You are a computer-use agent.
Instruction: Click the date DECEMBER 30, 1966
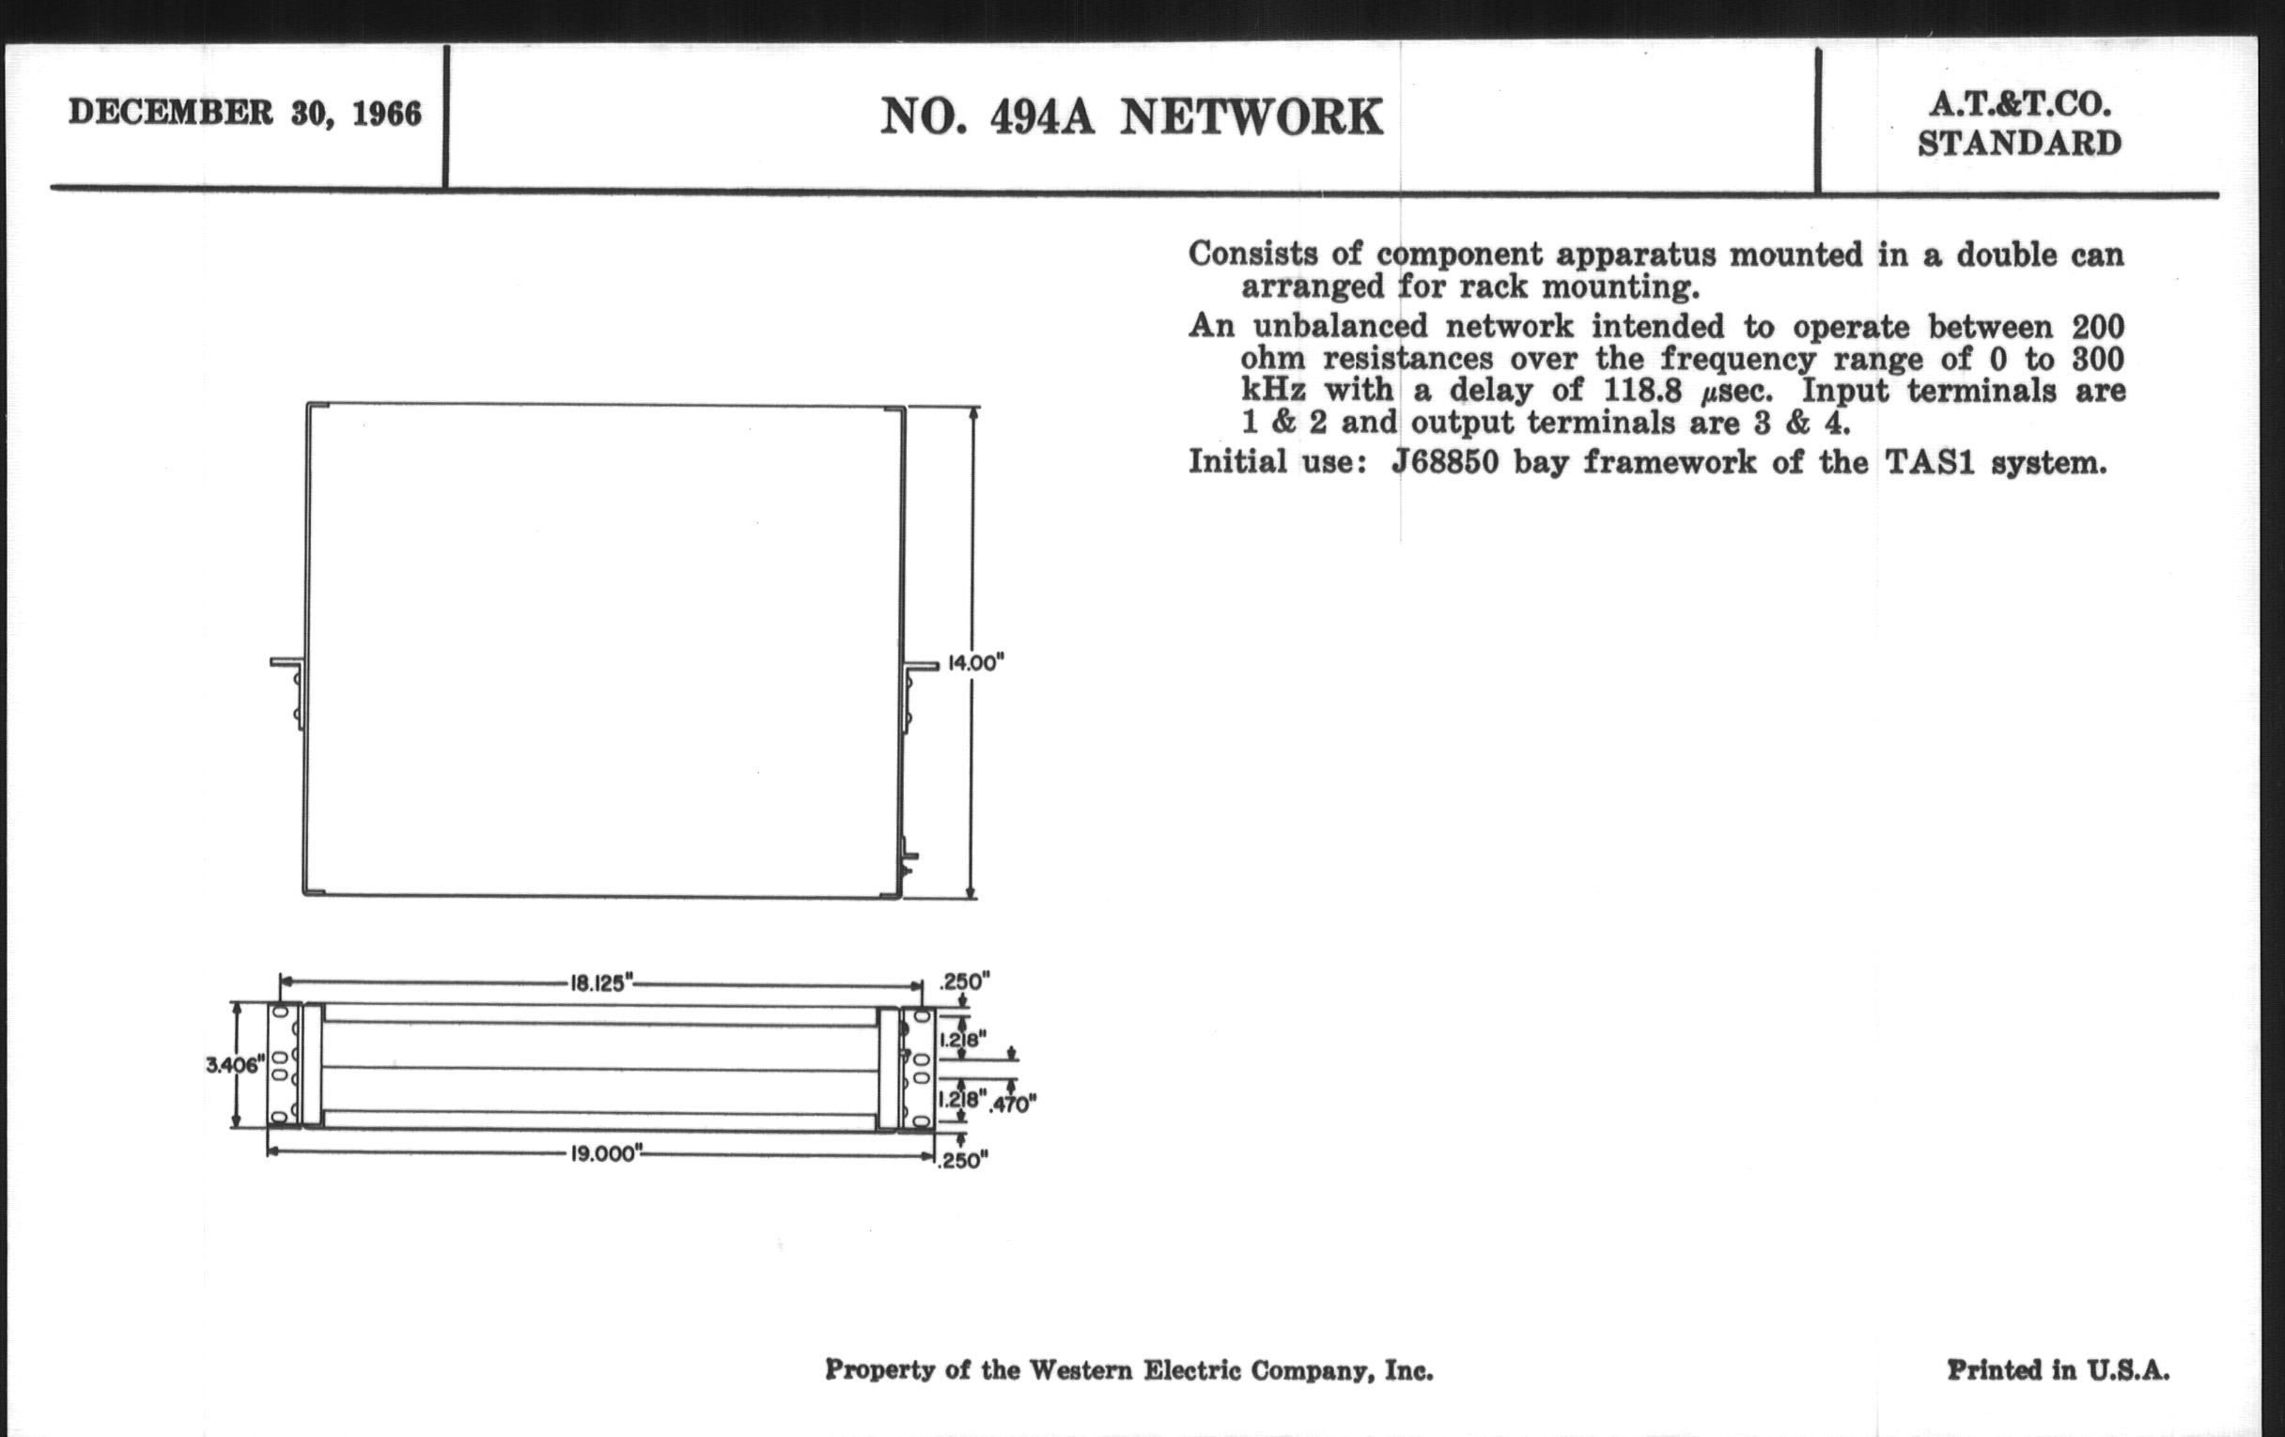245,113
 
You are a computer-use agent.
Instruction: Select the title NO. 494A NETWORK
1131,117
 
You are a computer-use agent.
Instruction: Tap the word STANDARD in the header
2019,145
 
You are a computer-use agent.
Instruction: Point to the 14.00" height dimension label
975,662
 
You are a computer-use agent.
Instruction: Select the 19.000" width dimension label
606,1154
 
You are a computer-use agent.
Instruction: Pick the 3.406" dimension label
232,1065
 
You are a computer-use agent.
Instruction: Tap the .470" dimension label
1013,1104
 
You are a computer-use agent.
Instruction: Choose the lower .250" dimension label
962,1160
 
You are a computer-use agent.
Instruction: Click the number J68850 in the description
1444,463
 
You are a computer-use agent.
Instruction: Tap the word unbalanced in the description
1341,326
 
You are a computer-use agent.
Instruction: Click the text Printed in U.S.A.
2058,1369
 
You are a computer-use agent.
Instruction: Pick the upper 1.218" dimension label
963,1040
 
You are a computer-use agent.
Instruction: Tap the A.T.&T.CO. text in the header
2019,104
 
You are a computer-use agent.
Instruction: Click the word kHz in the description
1272,391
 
